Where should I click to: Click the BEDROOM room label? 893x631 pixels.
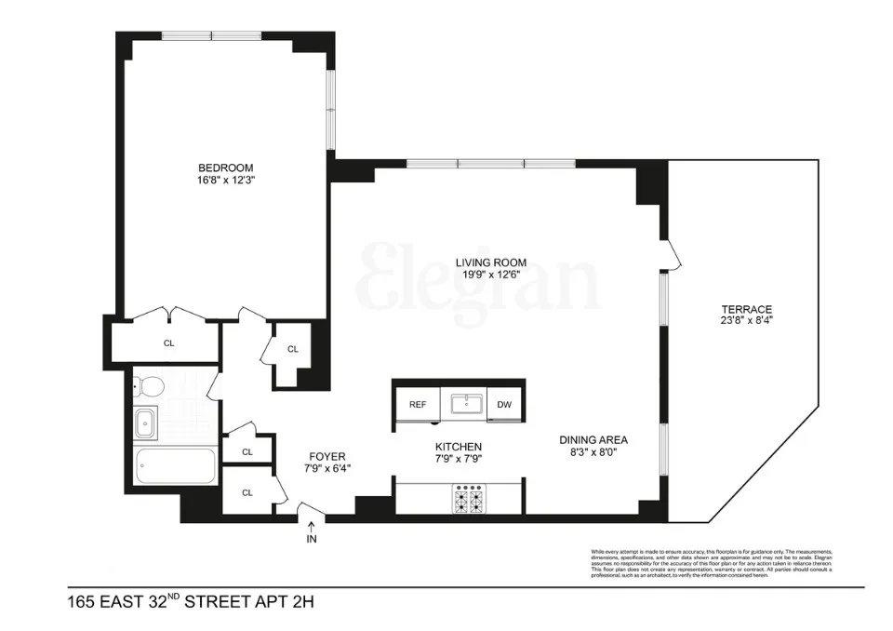tap(225, 168)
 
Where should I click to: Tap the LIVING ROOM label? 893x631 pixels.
tap(487, 262)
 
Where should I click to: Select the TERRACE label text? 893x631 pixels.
tap(746, 309)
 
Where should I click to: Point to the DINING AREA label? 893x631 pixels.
tap(593, 440)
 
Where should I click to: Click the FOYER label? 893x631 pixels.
tap(327, 456)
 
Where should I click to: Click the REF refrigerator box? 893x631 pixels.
tap(418, 405)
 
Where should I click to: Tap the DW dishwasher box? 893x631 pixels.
tap(504, 405)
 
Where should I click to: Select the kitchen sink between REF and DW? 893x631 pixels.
tap(462, 404)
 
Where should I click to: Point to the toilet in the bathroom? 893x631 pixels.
tap(150, 385)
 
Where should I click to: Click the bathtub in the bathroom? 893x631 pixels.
tap(175, 465)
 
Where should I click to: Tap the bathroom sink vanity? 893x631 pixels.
tap(146, 423)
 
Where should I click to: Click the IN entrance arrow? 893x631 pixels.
tap(310, 531)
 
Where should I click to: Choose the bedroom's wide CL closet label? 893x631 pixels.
tap(168, 342)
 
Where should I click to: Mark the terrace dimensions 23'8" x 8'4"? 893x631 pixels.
tap(746, 321)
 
